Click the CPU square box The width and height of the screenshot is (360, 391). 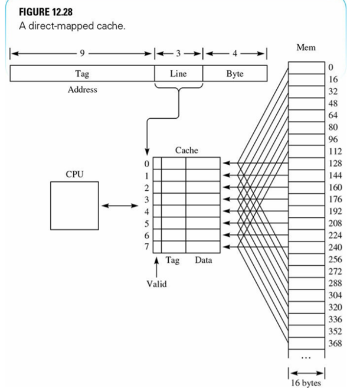click(x=74, y=206)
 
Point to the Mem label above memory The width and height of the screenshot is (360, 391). click(x=306, y=47)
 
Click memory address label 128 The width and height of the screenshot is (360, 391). click(x=334, y=163)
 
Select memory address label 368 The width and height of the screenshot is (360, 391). click(x=334, y=343)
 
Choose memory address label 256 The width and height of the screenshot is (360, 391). click(x=334, y=259)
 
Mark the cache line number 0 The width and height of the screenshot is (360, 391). click(x=148, y=163)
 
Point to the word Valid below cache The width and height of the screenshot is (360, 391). click(x=156, y=284)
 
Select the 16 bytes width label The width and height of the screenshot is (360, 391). click(x=306, y=383)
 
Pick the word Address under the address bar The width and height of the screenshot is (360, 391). click(x=82, y=90)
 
